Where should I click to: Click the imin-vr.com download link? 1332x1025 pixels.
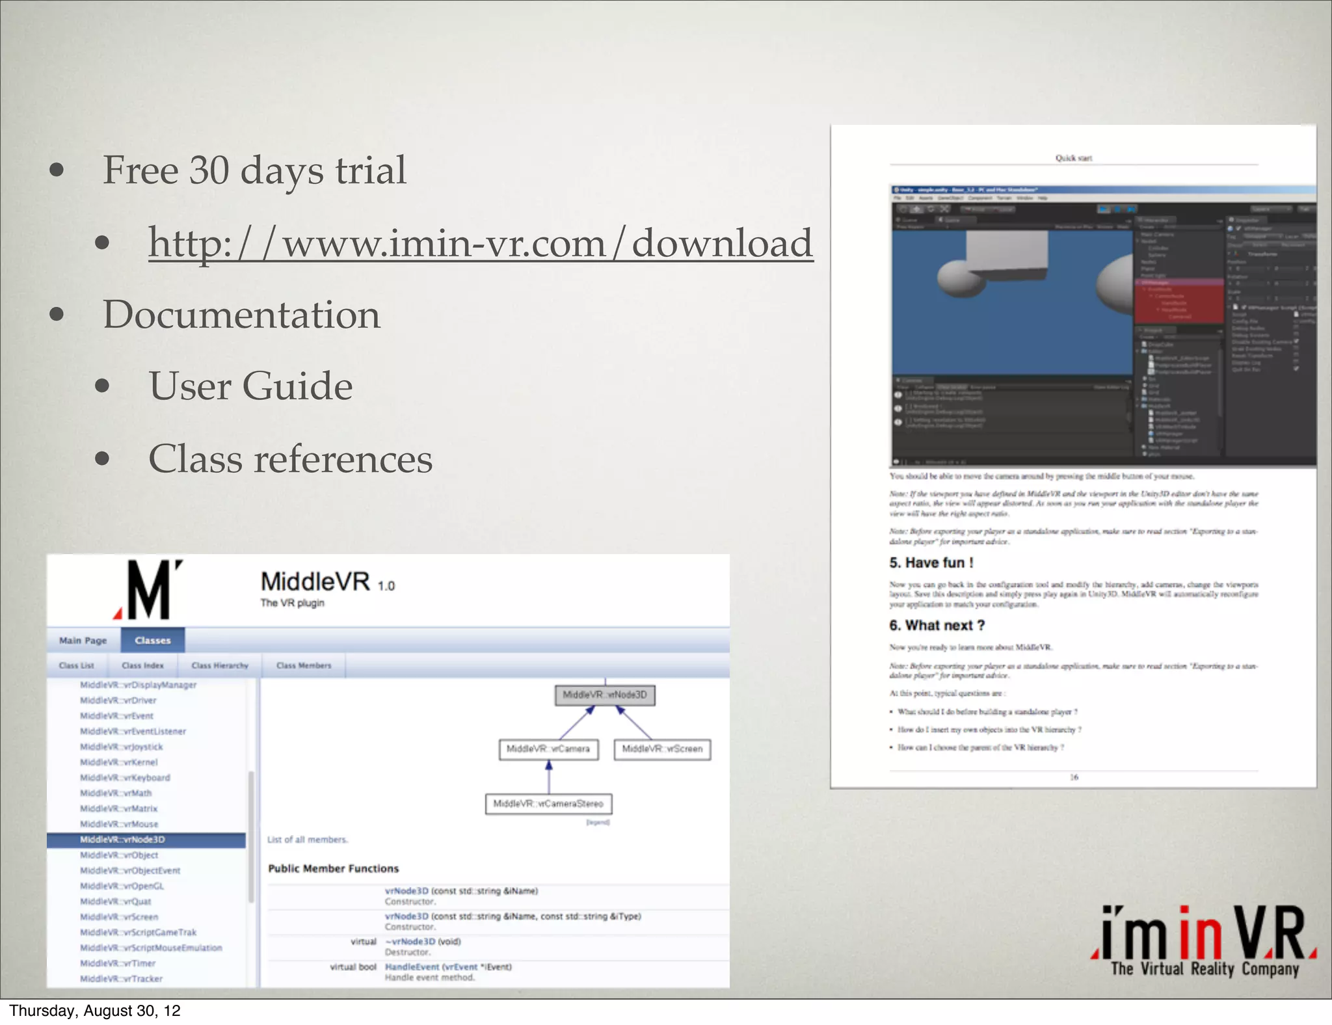point(480,243)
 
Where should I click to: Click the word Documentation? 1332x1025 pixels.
point(241,315)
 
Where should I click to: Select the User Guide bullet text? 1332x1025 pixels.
point(250,386)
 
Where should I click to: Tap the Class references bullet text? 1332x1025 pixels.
point(290,459)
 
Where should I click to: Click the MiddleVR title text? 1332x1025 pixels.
point(315,581)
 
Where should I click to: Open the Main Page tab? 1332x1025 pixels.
point(83,641)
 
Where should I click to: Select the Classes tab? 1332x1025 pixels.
point(153,641)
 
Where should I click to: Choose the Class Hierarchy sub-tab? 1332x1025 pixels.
point(220,665)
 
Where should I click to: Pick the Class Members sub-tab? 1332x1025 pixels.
point(304,665)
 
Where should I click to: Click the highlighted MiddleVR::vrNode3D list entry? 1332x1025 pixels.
point(122,840)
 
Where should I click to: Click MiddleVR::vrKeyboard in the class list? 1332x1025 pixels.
point(125,778)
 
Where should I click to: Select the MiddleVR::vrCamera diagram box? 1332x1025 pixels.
point(548,749)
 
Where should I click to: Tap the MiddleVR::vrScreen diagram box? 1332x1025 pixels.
point(662,749)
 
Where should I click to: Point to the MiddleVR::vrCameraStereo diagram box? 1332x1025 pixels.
point(548,804)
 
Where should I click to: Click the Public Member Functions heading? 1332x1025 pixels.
point(334,869)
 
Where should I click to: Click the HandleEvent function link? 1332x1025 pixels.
point(412,967)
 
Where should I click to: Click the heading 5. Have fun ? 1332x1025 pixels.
point(931,563)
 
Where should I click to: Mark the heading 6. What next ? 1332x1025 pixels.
point(937,626)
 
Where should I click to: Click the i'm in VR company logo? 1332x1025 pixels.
point(1204,940)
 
